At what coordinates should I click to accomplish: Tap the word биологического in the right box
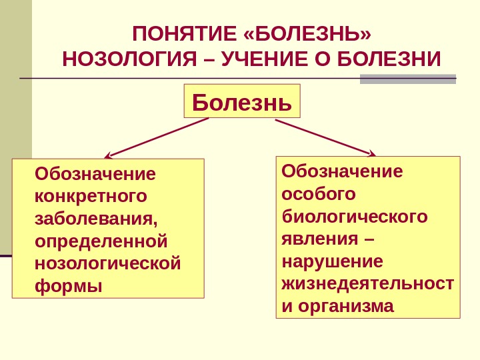coord(355,217)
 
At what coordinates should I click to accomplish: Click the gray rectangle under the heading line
coord(407,79)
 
